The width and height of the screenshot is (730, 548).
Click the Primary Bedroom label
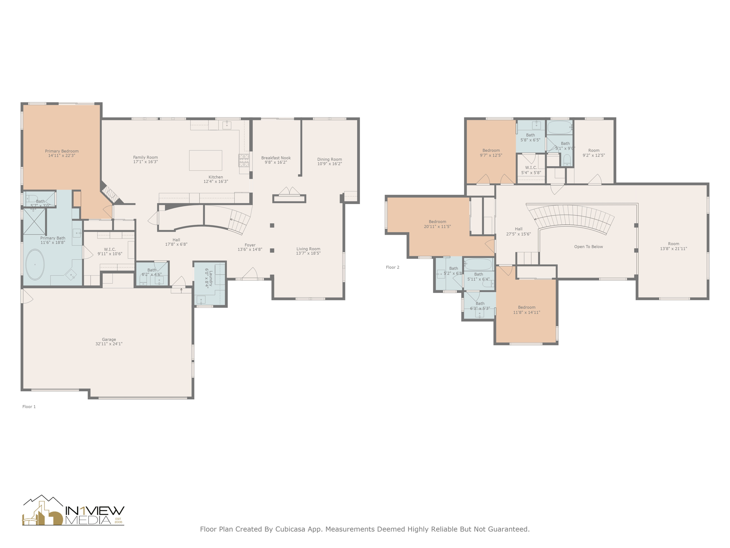pyautogui.click(x=62, y=151)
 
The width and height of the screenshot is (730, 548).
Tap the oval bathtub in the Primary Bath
pyautogui.click(x=35, y=264)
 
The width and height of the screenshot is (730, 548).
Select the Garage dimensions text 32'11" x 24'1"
pyautogui.click(x=109, y=344)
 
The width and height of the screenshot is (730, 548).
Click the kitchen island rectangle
pyautogui.click(x=205, y=160)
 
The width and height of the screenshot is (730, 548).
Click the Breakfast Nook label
pyautogui.click(x=276, y=158)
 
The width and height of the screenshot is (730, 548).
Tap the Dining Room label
pyautogui.click(x=329, y=159)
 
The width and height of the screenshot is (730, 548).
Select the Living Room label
pyautogui.click(x=308, y=249)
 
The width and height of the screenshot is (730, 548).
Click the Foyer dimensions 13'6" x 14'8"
pyautogui.click(x=250, y=250)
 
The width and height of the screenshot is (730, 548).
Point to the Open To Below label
pyautogui.click(x=588, y=247)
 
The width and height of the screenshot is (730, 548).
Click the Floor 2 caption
pyautogui.click(x=392, y=267)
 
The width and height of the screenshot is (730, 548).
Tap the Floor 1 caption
pyautogui.click(x=29, y=407)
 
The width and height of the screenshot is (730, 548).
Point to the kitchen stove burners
pyautogui.click(x=244, y=161)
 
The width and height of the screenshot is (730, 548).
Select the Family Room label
pyautogui.click(x=145, y=157)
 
